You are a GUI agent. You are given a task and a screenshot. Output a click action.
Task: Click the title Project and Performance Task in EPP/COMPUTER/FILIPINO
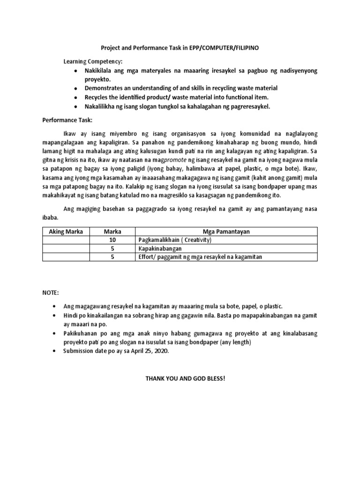point(180,48)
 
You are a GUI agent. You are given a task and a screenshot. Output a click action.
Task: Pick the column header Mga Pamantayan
point(226,232)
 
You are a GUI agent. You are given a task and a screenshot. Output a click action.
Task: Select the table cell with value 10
point(112,240)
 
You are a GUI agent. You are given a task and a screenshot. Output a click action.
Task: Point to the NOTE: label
point(51,293)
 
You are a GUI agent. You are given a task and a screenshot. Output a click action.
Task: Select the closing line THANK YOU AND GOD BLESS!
point(186,377)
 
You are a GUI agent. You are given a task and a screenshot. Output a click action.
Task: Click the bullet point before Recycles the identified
point(75,97)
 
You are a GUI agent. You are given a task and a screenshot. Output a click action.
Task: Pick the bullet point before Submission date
point(55,351)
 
